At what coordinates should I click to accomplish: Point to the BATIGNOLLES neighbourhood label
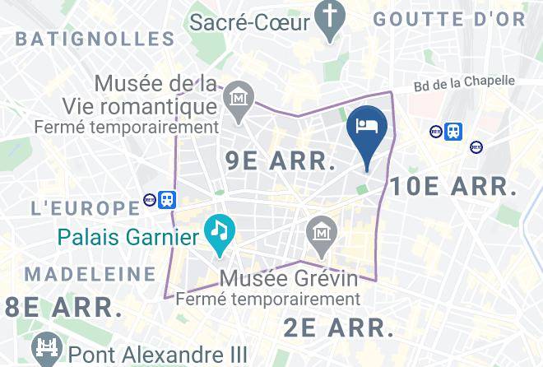(95, 38)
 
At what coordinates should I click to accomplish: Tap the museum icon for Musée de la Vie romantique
(239, 98)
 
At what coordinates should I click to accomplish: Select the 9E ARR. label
(280, 162)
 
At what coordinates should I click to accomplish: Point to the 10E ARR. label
(452, 187)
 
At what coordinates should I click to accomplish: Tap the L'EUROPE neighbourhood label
(85, 207)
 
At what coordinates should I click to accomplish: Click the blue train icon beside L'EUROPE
(167, 199)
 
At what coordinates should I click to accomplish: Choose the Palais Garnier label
(128, 238)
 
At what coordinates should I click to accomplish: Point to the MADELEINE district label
(90, 273)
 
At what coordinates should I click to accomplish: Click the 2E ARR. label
(338, 328)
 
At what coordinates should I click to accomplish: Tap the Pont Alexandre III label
(157, 355)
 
